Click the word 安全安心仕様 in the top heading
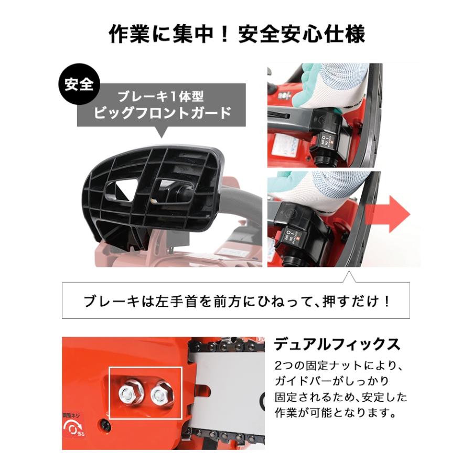(x=301, y=35)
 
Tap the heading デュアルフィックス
(x=337, y=344)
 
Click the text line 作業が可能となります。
(x=335, y=413)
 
